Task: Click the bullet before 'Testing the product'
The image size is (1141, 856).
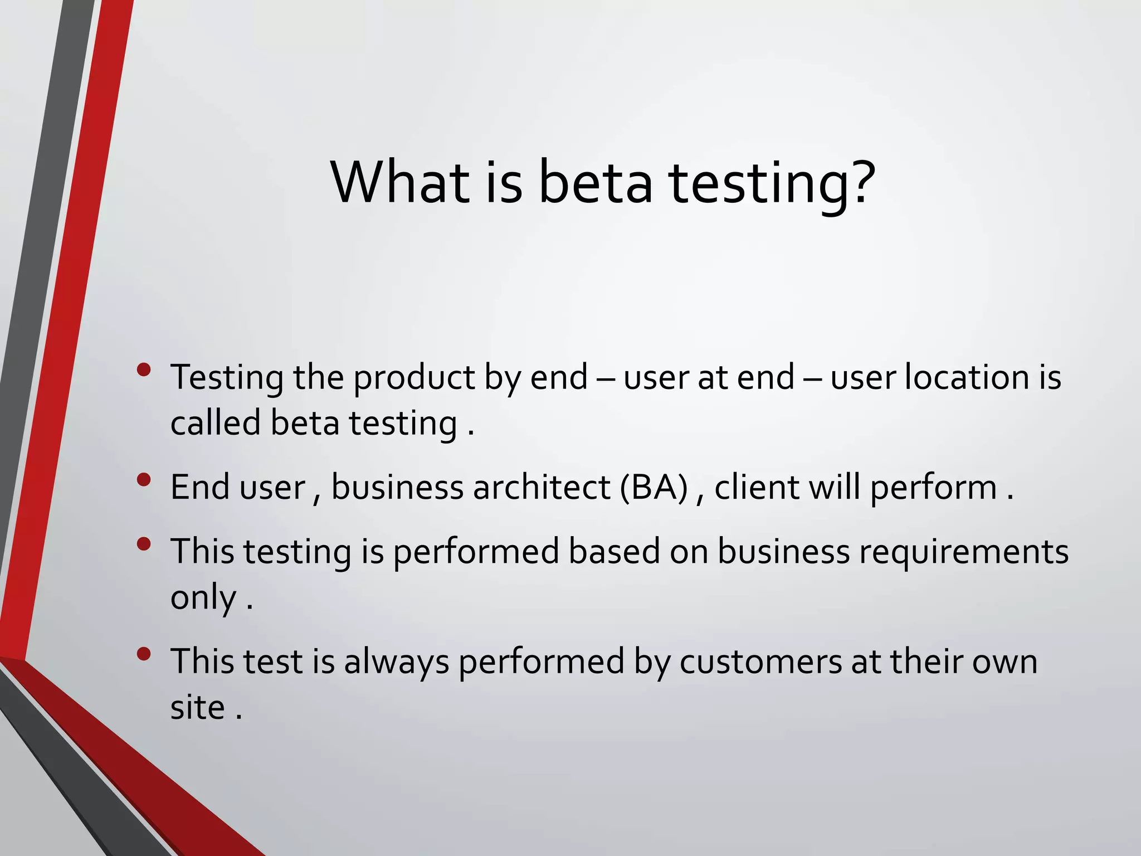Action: point(144,370)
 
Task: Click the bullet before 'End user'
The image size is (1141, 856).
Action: point(144,480)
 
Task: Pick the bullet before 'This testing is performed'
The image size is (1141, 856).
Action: point(144,544)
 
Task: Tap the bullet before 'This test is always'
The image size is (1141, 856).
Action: point(144,654)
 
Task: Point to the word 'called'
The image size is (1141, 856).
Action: point(216,422)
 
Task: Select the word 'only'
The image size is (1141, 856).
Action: point(203,599)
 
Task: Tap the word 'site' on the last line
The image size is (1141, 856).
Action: point(197,707)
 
